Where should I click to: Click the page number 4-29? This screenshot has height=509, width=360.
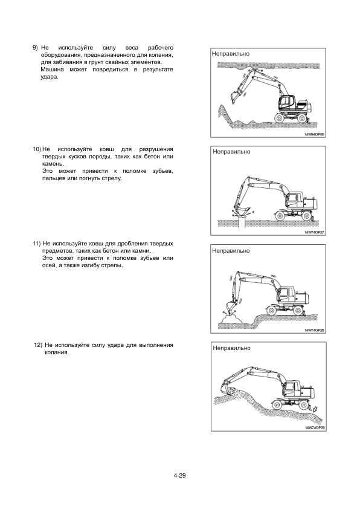[x=179, y=476]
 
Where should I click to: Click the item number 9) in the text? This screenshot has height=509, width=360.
[x=36, y=48]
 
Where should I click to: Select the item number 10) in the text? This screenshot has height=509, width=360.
[x=36, y=149]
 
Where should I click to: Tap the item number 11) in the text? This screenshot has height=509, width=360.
[x=36, y=244]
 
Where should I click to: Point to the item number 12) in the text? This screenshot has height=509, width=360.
[x=38, y=345]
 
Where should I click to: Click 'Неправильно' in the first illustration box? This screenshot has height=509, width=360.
[x=231, y=54]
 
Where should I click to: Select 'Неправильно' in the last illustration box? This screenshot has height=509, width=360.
[x=231, y=348]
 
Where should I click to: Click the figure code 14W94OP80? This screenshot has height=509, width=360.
[x=314, y=134]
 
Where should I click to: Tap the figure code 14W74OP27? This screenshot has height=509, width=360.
[x=315, y=232]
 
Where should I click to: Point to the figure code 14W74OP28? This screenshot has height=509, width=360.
[x=315, y=330]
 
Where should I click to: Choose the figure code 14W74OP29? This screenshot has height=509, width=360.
[x=315, y=428]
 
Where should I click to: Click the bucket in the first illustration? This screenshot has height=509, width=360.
[x=234, y=97]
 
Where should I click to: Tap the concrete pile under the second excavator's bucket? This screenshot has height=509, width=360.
[x=241, y=221]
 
